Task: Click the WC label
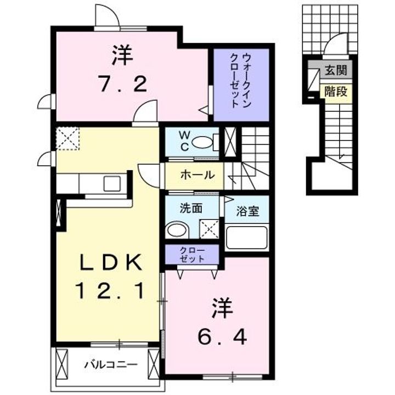click(x=184, y=140)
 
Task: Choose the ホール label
click(x=196, y=176)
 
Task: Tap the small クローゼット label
click(x=193, y=254)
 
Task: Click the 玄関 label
click(x=335, y=71)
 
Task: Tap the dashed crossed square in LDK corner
click(x=69, y=138)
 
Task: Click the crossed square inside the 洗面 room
click(x=208, y=228)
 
